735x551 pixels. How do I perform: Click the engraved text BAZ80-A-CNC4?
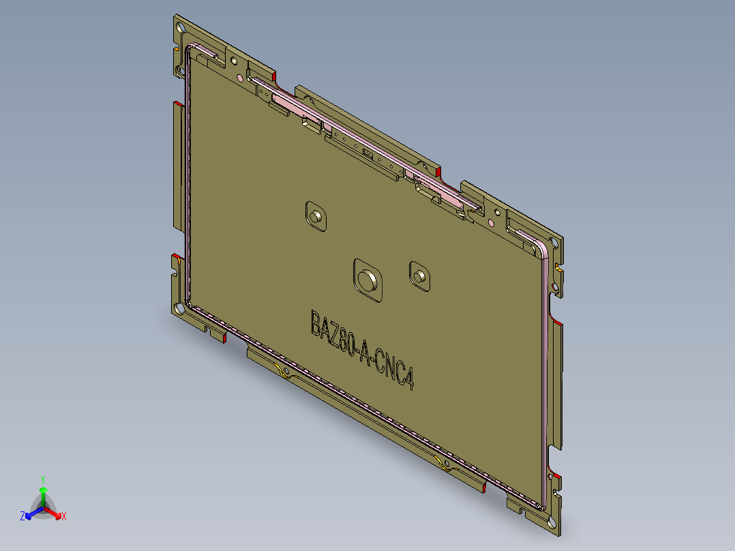[363, 351]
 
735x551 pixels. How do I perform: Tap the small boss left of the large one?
[316, 216]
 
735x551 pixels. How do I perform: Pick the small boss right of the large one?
[419, 275]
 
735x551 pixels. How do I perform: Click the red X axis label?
[64, 517]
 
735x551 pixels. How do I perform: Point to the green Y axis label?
[42, 479]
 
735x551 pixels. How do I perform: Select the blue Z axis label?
[22, 517]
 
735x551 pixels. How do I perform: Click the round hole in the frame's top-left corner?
[180, 29]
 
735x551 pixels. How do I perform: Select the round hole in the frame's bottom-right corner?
[551, 523]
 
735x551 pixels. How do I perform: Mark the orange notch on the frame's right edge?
[559, 269]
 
